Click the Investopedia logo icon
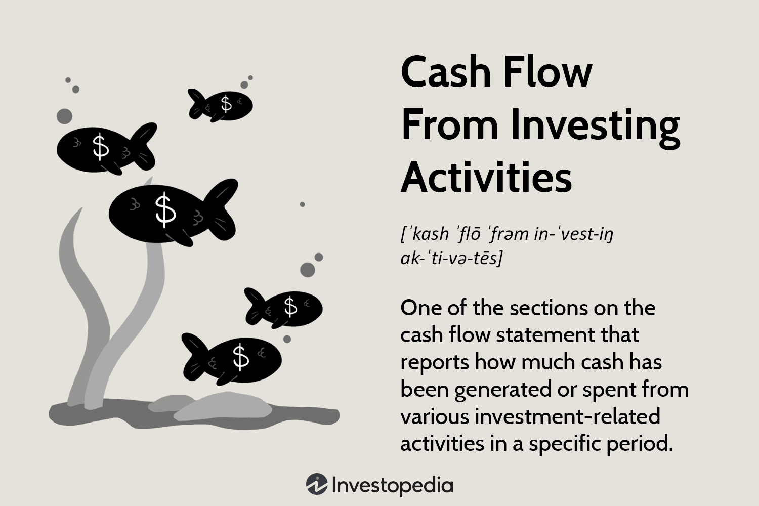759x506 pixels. (x=317, y=485)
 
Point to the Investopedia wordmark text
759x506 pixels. (x=392, y=485)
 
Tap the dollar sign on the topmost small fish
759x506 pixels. (x=226, y=103)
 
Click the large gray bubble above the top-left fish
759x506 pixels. (x=64, y=116)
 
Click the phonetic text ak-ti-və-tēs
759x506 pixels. (x=451, y=259)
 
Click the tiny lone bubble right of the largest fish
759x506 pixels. (x=302, y=204)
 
